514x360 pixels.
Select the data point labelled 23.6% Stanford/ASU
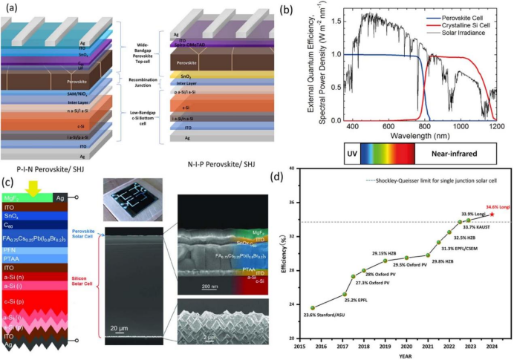313,307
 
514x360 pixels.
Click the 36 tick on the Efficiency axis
294,203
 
